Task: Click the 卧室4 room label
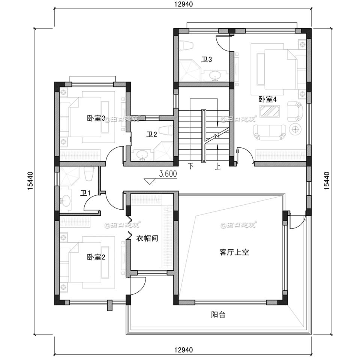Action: [x=267, y=99]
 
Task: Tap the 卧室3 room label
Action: [x=96, y=118]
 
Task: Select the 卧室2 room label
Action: [x=96, y=257]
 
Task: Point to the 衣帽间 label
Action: [x=147, y=238]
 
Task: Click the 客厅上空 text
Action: [x=234, y=252]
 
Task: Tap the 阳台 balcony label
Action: [x=218, y=315]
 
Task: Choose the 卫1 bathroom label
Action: [x=85, y=193]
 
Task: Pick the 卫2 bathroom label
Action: [x=151, y=135]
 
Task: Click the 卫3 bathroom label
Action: [x=207, y=60]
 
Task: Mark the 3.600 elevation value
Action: [x=168, y=174]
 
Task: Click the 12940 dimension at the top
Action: [x=183, y=4]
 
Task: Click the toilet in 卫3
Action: [x=185, y=45]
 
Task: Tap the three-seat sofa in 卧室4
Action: [x=269, y=132]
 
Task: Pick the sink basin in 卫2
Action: [x=142, y=154]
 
